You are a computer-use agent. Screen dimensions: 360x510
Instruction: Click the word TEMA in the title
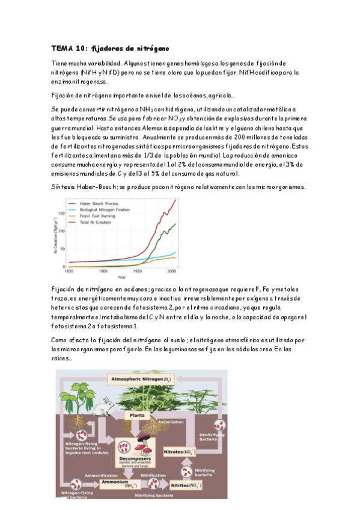(x=60, y=48)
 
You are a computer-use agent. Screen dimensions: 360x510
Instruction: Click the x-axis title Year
(x=121, y=277)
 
